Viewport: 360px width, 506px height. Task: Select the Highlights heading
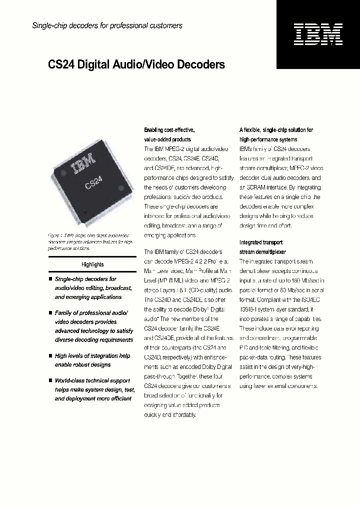click(x=92, y=264)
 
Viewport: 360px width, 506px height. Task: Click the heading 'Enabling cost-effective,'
click(x=165, y=130)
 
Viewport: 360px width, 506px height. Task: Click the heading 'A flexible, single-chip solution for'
click(x=276, y=130)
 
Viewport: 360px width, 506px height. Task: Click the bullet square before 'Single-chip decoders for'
click(x=50, y=279)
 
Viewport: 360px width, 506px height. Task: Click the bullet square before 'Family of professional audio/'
click(x=50, y=312)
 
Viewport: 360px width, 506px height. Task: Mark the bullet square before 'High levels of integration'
click(x=50, y=356)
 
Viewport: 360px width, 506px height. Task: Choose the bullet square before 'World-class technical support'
click(x=50, y=380)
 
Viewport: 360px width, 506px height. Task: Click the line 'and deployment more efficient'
click(x=93, y=398)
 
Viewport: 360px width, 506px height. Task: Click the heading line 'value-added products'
click(x=167, y=139)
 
